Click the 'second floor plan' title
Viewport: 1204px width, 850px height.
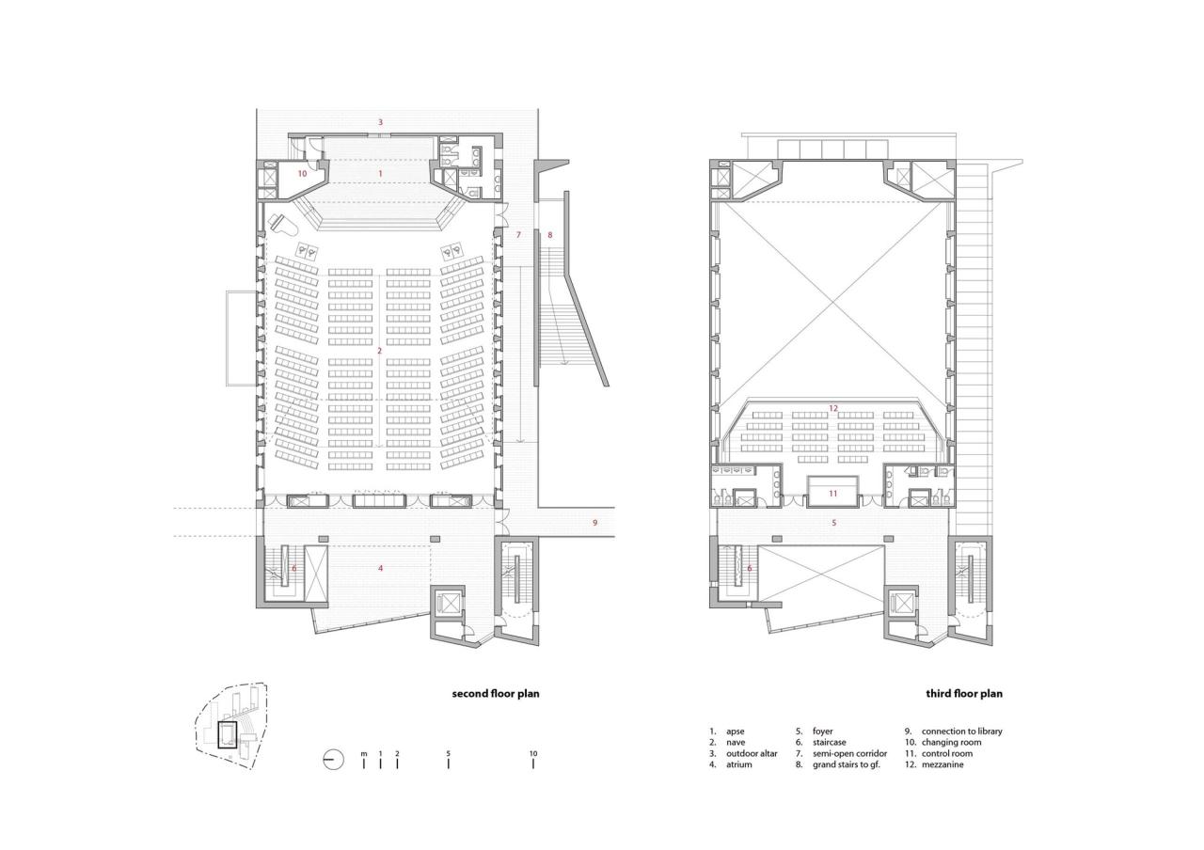(496, 694)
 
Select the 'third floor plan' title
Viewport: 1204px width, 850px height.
(964, 694)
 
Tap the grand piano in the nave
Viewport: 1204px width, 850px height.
(283, 225)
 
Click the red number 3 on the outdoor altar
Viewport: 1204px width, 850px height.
(380, 122)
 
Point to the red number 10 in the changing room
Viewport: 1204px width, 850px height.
(302, 174)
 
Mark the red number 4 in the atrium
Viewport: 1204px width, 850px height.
(380, 568)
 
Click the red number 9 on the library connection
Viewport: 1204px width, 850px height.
(594, 522)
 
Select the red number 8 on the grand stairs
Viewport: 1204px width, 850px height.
(551, 234)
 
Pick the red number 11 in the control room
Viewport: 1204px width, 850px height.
(832, 493)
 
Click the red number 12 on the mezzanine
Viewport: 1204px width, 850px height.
(832, 408)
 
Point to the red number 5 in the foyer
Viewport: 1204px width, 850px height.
(833, 522)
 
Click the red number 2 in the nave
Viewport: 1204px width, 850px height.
(379, 351)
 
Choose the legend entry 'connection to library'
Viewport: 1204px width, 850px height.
(961, 731)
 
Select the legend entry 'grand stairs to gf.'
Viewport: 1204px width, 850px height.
(849, 764)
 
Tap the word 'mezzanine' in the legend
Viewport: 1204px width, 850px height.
(943, 764)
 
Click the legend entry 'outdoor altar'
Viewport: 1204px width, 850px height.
(752, 753)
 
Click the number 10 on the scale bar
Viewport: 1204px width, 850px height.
(533, 754)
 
